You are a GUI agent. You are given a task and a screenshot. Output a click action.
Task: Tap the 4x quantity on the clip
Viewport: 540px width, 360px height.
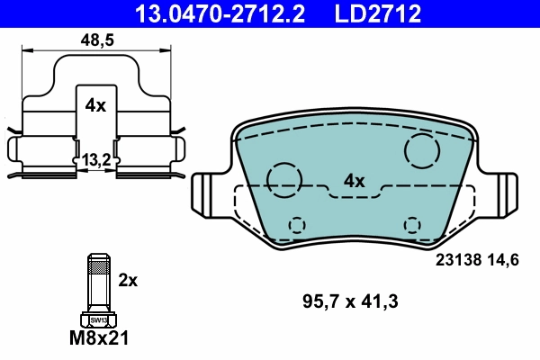pyautogui.click(x=94, y=105)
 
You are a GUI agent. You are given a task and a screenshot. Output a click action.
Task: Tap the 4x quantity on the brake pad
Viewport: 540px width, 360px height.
pyautogui.click(x=355, y=181)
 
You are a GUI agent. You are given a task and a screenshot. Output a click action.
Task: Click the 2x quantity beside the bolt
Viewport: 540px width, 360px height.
pyautogui.click(x=127, y=280)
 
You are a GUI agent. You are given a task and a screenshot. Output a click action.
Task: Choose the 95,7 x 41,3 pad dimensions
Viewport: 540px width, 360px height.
pyautogui.click(x=349, y=300)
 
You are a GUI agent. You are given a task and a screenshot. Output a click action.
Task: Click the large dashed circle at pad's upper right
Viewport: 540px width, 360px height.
pyautogui.click(x=421, y=150)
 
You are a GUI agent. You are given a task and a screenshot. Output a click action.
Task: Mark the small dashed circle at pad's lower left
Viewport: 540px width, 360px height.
pyautogui.click(x=295, y=224)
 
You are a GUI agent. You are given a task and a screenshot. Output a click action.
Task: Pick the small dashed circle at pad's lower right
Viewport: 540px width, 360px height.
pyautogui.click(x=412, y=224)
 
